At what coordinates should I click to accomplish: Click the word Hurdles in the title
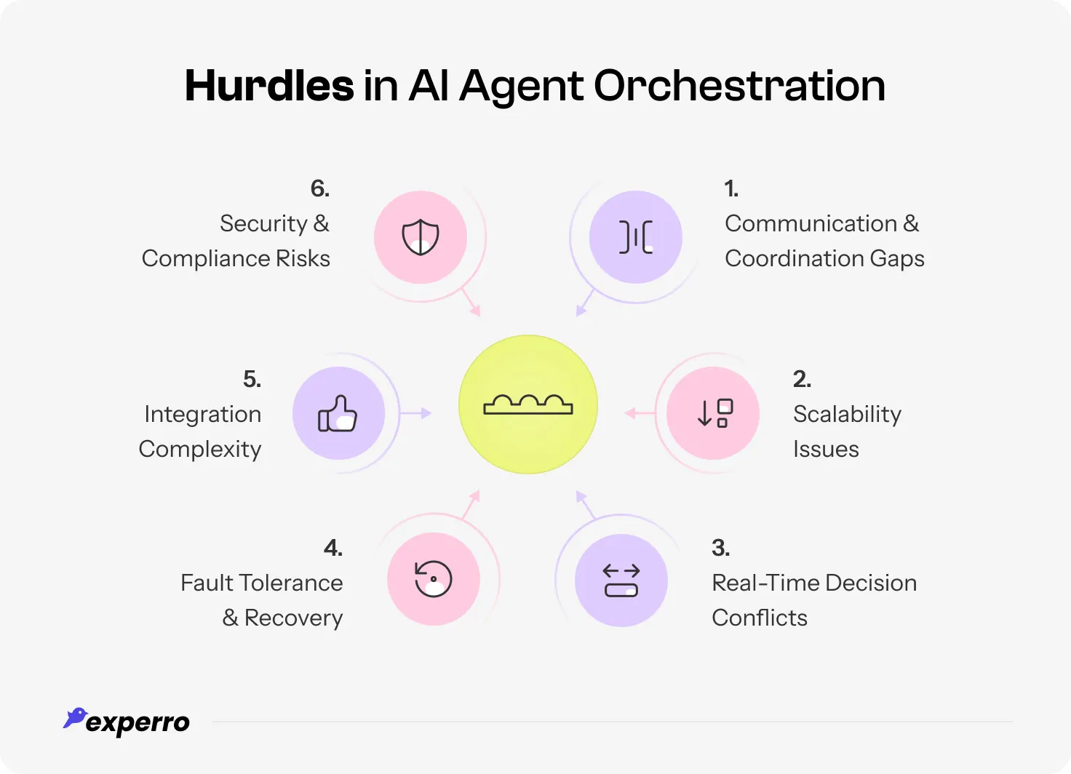coord(269,86)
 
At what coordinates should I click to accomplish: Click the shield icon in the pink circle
coord(421,237)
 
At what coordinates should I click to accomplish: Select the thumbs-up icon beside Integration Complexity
coord(338,413)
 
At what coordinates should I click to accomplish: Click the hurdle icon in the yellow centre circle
coord(528,404)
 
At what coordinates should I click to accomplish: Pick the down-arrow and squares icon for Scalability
coord(714,413)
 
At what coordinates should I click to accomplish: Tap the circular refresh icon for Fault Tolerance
coord(434,579)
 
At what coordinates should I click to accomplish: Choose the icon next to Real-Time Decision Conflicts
coord(621,580)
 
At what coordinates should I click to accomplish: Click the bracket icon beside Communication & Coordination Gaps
coord(636,237)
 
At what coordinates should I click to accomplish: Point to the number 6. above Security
coord(320,188)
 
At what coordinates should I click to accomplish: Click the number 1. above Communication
coord(731,188)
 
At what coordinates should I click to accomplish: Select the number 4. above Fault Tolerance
coord(333,548)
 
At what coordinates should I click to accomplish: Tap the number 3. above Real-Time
coord(720,548)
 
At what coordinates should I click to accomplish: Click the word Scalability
coord(847,414)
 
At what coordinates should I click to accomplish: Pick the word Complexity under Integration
coord(200,450)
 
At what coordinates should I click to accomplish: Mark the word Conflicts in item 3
coord(760,618)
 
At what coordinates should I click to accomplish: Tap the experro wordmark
coord(138,722)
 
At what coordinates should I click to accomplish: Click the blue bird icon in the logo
coord(75,718)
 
